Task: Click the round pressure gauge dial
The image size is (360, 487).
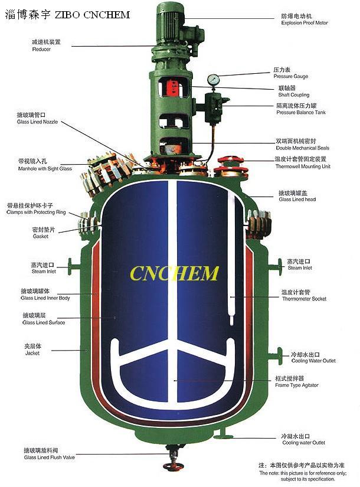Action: click(x=212, y=79)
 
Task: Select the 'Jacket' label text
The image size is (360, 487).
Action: click(x=32, y=354)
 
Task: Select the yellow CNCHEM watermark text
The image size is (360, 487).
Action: click(x=174, y=273)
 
